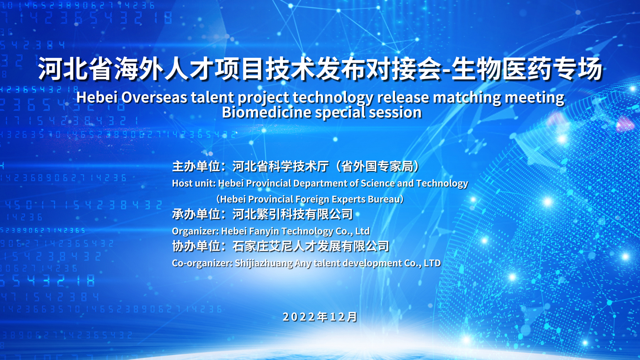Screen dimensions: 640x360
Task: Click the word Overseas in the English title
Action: [154, 97]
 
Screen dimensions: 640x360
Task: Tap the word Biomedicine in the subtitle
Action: [267, 112]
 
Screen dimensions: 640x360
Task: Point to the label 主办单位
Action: [196, 166]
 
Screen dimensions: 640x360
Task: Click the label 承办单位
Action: [196, 214]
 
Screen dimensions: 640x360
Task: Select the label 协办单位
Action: [196, 246]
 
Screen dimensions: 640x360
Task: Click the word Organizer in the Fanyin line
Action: [195, 231]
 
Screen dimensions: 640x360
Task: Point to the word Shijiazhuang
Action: [264, 263]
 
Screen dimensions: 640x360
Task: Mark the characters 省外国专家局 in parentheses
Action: [377, 166]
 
